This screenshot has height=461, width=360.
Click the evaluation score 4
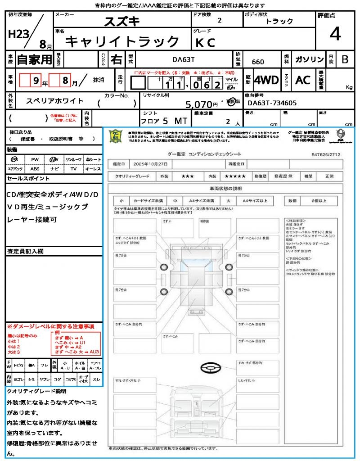(335, 34)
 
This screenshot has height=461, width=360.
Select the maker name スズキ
(122, 21)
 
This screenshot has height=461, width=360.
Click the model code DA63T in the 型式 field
(183, 59)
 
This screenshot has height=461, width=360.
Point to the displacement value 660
(258, 62)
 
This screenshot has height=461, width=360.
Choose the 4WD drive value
(266, 80)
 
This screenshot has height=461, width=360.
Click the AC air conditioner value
(303, 80)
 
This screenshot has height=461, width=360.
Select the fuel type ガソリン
(309, 59)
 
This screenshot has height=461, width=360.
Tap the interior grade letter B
(345, 59)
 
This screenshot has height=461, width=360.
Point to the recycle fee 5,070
(199, 104)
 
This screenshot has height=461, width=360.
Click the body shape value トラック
(279, 21)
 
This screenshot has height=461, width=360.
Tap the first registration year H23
(18, 34)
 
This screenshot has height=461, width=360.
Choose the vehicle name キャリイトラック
(122, 42)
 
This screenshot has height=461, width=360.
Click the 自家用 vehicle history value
(35, 59)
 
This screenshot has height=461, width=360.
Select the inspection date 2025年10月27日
(150, 163)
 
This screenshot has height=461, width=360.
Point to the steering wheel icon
(210, 369)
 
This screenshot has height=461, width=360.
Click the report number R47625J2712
(326, 154)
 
